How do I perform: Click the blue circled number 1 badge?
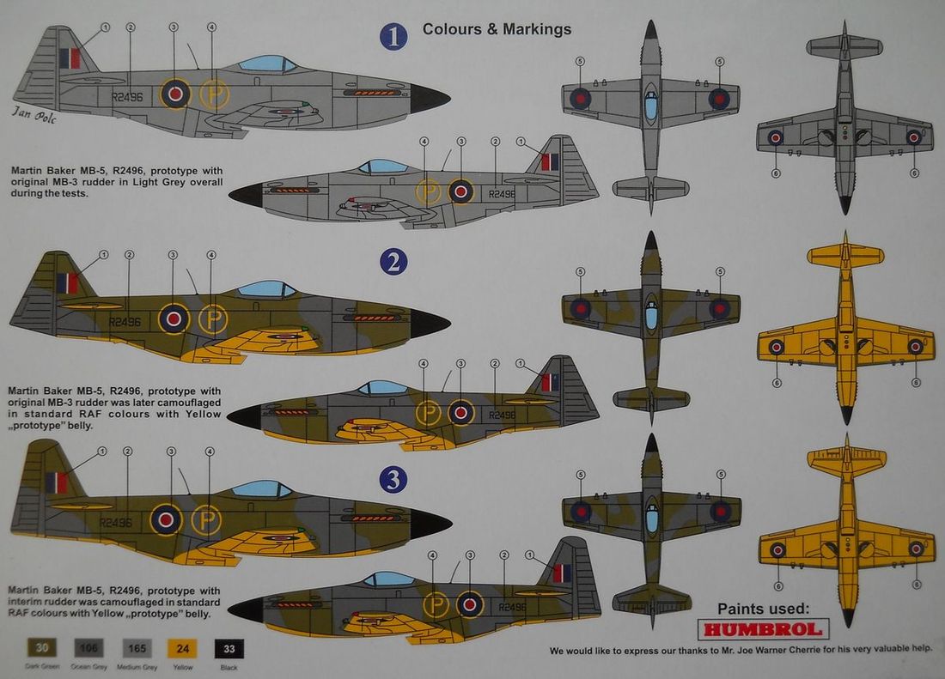[x=393, y=37]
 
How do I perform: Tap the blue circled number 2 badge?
[x=393, y=261]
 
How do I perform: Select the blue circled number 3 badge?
[x=393, y=480]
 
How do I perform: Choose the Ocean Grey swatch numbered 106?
[x=88, y=649]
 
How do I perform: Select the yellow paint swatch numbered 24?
[x=182, y=649]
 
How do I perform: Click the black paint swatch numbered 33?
[x=229, y=649]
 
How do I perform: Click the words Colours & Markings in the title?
[x=497, y=29]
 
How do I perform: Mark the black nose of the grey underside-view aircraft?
[x=845, y=205]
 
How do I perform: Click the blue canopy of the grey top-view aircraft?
[x=650, y=106]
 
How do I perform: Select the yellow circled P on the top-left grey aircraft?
[x=214, y=94]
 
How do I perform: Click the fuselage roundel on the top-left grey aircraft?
[x=176, y=93]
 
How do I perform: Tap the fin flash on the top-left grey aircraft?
[x=70, y=58]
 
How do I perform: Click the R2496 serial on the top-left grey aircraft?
[x=128, y=97]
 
